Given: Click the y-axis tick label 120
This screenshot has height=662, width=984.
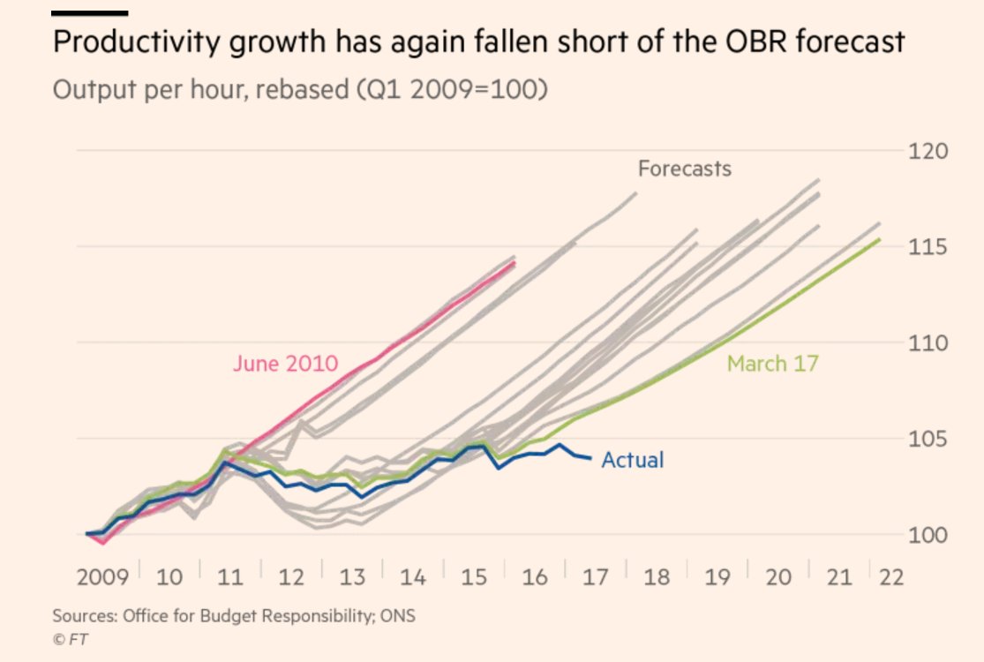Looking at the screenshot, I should (928, 151).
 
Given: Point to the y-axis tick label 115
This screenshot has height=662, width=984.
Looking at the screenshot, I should (928, 246).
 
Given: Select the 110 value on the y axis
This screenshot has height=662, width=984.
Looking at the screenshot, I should (928, 342).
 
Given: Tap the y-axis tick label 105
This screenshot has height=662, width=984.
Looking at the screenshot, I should (928, 439).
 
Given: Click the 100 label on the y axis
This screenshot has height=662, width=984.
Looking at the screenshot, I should (928, 535).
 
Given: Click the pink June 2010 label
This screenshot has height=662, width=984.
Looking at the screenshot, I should (285, 364).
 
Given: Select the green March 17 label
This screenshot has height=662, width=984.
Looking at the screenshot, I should (772, 363).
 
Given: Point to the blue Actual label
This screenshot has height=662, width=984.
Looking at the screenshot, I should (632, 460).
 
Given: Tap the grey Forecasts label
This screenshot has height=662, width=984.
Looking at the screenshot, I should (685, 168).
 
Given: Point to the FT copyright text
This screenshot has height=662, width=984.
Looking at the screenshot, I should (71, 638).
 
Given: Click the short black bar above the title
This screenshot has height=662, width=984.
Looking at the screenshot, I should (91, 14).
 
